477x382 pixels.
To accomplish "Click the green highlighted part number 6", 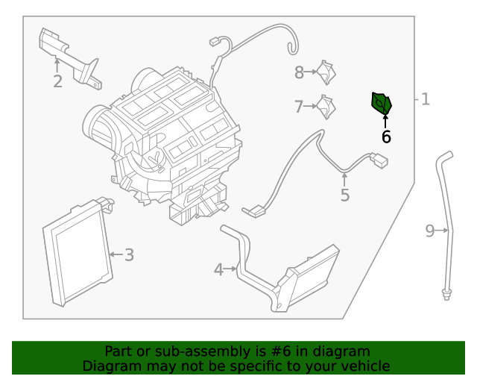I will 382,104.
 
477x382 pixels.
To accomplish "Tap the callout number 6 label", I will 386,137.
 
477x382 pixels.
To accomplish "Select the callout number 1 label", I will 426,98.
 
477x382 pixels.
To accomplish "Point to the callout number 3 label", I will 129,255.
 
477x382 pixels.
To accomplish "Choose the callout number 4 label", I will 218,269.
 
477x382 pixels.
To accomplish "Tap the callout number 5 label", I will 344,195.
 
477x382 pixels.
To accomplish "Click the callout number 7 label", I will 299,107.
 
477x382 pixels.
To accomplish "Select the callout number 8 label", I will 299,72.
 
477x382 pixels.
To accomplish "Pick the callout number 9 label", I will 430,231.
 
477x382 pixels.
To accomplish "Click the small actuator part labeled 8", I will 326,72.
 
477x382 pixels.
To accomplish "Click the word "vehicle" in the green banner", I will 364,366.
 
